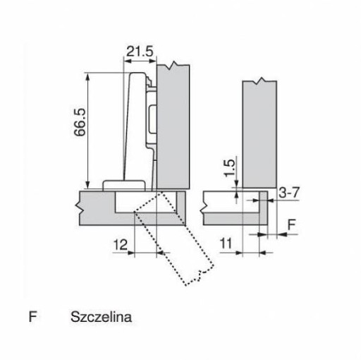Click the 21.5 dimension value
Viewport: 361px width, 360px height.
(140, 52)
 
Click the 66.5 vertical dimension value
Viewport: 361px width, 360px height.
(80, 122)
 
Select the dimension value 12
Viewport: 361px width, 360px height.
(120, 245)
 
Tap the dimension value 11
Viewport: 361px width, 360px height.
(226, 244)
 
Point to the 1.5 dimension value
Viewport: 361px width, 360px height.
(229, 168)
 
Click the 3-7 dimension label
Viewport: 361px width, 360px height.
(289, 193)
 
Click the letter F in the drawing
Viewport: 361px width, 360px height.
(292, 225)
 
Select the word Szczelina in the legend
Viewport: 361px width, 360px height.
(101, 317)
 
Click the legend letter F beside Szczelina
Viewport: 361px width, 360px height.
(32, 317)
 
